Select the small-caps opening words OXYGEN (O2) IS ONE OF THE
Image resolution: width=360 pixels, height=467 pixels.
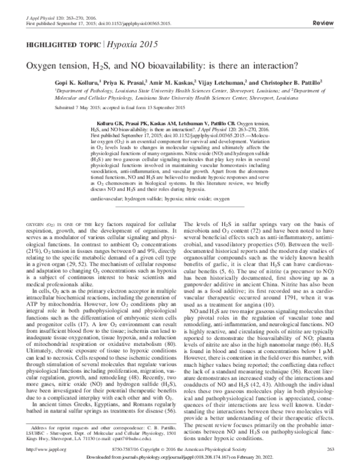pos(47,206)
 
